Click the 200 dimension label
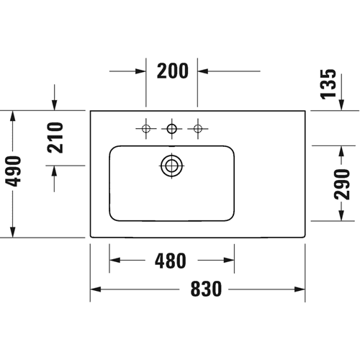pyautogui.click(x=173, y=71)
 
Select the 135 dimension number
pyautogui.click(x=328, y=84)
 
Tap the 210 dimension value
pyautogui.click(x=55, y=138)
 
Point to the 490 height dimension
pyautogui.click(x=13, y=171)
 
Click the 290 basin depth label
pyautogui.click(x=341, y=184)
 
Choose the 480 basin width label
pyautogui.click(x=171, y=261)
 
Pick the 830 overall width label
pyautogui.click(x=206, y=289)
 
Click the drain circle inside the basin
pyautogui.click(x=171, y=166)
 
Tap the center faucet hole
pyautogui.click(x=171, y=129)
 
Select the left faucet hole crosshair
pyautogui.click(x=146, y=129)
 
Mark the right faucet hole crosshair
pyautogui.click(x=198, y=129)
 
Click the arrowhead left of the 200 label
pyautogui.click(x=140, y=71)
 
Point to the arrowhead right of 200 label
pyautogui.click(x=203, y=71)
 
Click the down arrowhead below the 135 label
pyautogui.click(x=341, y=105)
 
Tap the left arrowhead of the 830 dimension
pyautogui.click(x=96, y=289)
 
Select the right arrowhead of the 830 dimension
pyautogui.click(x=300, y=289)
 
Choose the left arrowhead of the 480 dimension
pyautogui.click(x=114, y=260)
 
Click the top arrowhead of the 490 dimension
pyautogui.click(x=13, y=116)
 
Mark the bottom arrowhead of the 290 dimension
pyautogui.click(x=341, y=215)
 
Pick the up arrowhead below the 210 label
pyautogui.click(x=55, y=171)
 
